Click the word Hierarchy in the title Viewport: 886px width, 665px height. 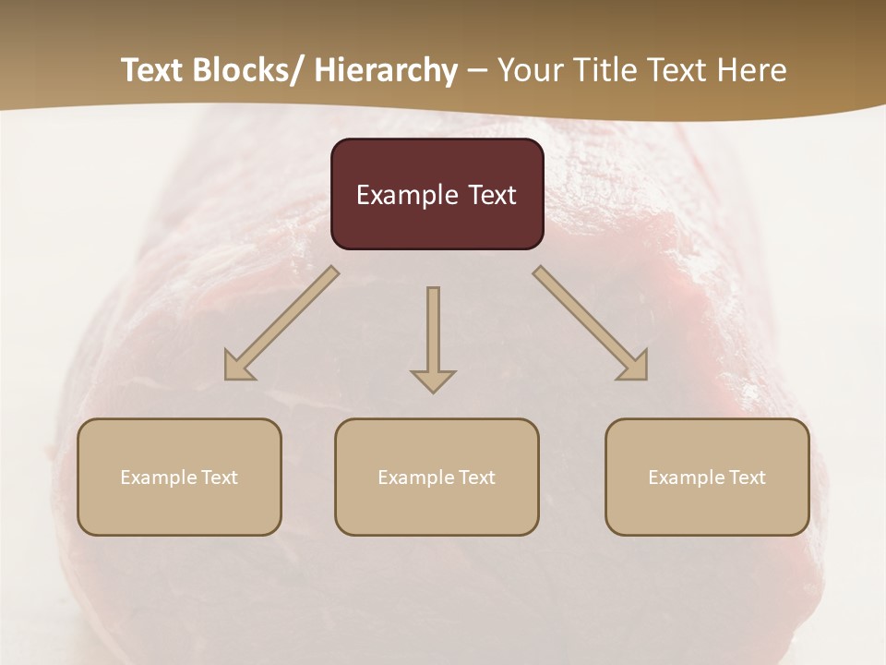click(385, 70)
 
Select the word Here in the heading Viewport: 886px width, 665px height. click(748, 70)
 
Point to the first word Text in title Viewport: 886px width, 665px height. click(154, 70)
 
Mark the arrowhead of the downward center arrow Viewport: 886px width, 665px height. click(433, 381)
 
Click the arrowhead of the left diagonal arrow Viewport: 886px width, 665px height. click(238, 368)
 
